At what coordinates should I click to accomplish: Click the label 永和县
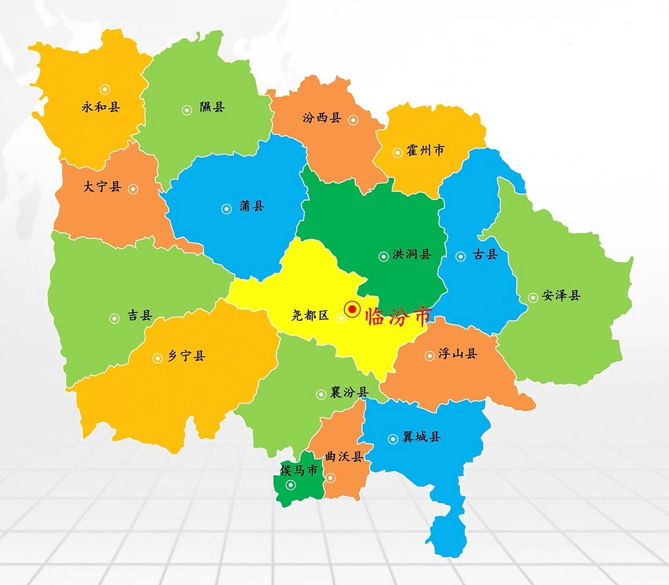click(101, 107)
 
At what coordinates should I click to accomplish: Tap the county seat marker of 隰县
click(187, 110)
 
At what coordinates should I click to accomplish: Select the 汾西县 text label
click(322, 118)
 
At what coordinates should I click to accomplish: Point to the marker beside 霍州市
click(397, 153)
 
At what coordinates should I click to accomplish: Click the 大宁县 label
click(102, 186)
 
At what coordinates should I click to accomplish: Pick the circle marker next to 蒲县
click(226, 209)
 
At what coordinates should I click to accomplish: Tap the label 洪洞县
click(412, 254)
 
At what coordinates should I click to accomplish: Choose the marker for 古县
click(460, 256)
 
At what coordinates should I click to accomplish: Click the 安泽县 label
click(561, 296)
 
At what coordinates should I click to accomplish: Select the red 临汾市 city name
click(398, 316)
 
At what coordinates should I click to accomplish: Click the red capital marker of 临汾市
click(352, 309)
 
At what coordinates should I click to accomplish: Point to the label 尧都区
click(310, 315)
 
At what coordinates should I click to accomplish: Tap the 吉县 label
click(139, 315)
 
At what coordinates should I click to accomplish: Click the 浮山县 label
click(458, 353)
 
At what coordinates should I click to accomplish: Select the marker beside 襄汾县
click(321, 394)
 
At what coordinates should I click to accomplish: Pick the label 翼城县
click(421, 437)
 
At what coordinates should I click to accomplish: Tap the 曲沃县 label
click(344, 456)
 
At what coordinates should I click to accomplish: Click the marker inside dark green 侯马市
click(291, 485)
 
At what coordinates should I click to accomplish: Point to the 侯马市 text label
click(299, 470)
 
